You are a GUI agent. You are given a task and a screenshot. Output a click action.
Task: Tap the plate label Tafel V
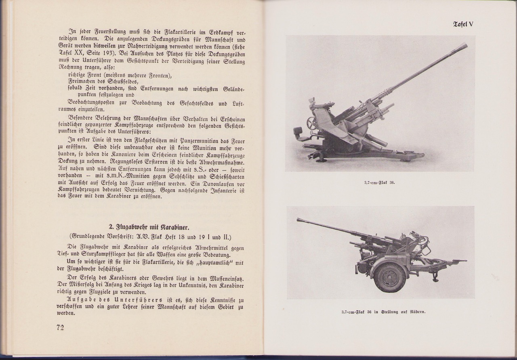(463, 24)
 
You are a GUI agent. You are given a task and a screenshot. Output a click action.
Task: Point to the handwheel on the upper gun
(311, 123)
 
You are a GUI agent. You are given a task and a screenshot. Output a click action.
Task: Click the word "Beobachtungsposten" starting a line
(92, 103)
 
